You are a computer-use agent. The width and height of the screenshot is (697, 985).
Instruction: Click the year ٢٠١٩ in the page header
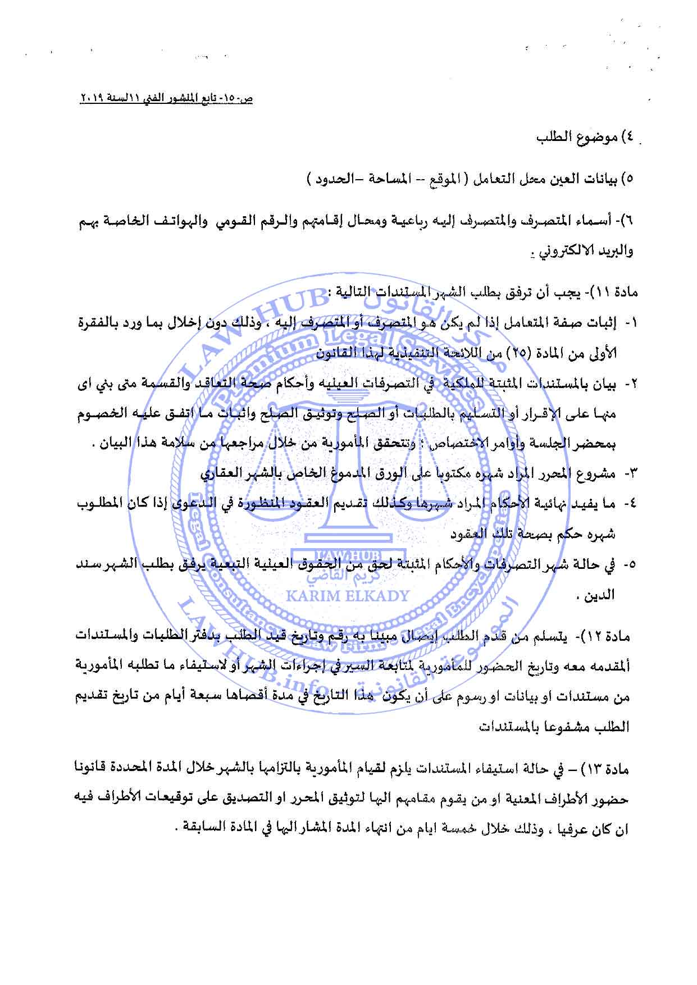[90, 99]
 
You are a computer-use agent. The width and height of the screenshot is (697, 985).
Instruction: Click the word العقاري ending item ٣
[221, 473]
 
